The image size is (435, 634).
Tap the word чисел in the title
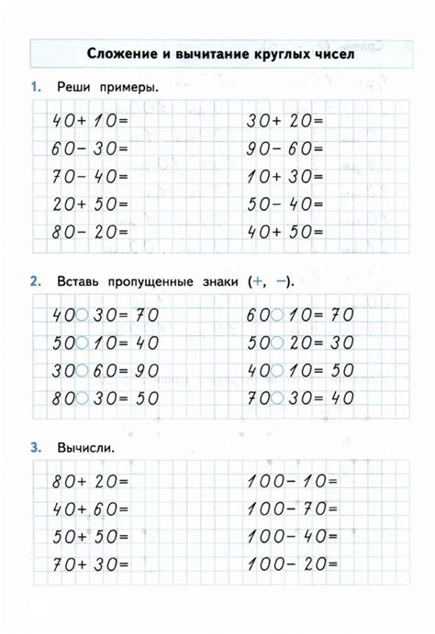coord(328,54)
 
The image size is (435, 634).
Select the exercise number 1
coord(34,88)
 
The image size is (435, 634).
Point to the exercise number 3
coord(34,448)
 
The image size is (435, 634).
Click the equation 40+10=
coord(91,120)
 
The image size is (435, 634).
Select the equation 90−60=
coord(285,148)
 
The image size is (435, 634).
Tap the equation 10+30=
coord(285,177)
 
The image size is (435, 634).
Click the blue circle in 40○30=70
coord(82,315)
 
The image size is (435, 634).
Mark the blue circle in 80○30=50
coord(82,400)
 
